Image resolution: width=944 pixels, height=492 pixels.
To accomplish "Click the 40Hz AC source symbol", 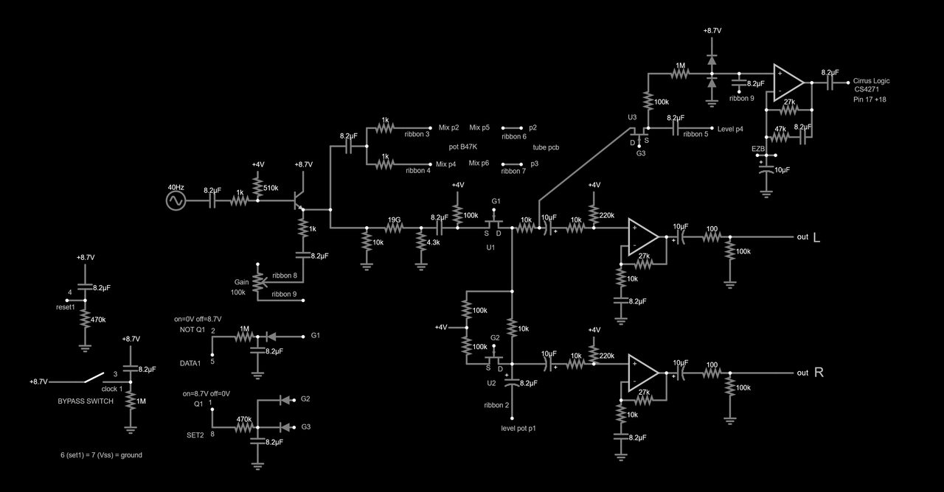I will coord(176,200).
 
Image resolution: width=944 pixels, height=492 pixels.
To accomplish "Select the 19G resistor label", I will coord(394,219).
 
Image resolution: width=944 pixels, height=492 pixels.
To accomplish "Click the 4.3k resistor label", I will coord(434,242).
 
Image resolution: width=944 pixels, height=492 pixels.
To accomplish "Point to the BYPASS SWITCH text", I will coord(86,401).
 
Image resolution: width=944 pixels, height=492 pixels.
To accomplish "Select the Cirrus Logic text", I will coord(871,81).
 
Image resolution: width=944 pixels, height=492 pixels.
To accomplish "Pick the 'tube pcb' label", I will coord(546,147).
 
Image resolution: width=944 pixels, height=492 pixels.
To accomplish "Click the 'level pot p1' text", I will coord(518,428).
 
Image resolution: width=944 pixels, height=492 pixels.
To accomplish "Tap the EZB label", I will coord(758,150).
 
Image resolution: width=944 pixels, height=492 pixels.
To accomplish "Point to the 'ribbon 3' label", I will coord(417,134).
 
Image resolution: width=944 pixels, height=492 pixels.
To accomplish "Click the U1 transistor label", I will coord(490,247).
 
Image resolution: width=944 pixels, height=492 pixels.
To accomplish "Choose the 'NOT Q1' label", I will coord(192,329).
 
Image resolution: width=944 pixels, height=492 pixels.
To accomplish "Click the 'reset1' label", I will coord(66,306).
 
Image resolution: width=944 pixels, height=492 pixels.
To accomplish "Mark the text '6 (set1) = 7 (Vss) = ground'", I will coord(102,455).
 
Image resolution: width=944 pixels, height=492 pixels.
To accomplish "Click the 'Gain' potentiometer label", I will coord(241,282).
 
